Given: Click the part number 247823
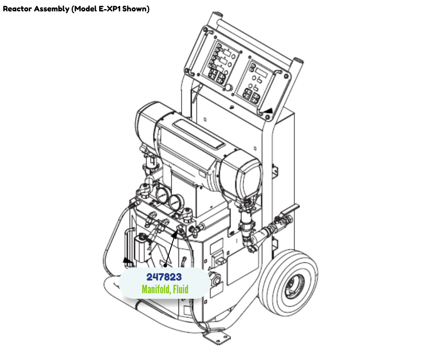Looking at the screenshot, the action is click(164, 277).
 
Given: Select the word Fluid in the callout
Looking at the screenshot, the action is click(181, 289).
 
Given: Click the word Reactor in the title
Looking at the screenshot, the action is click(17, 9).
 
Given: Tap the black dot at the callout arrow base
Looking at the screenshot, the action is click(165, 265).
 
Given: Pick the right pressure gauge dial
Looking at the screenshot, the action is click(175, 202).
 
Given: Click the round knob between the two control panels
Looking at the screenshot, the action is click(228, 88).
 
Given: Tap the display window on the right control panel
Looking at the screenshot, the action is click(262, 73).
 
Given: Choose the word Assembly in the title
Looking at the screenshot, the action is click(52, 9).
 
